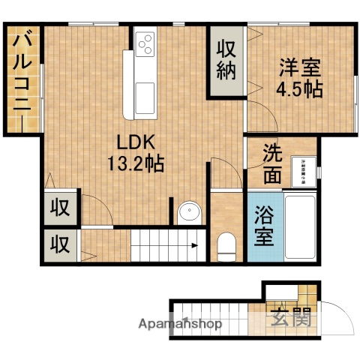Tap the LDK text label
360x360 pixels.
tap(135, 140)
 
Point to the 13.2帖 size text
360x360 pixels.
tap(135, 161)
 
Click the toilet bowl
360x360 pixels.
tap(226, 243)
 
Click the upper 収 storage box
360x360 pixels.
tap(58, 208)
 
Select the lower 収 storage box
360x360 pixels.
tap(58, 244)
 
